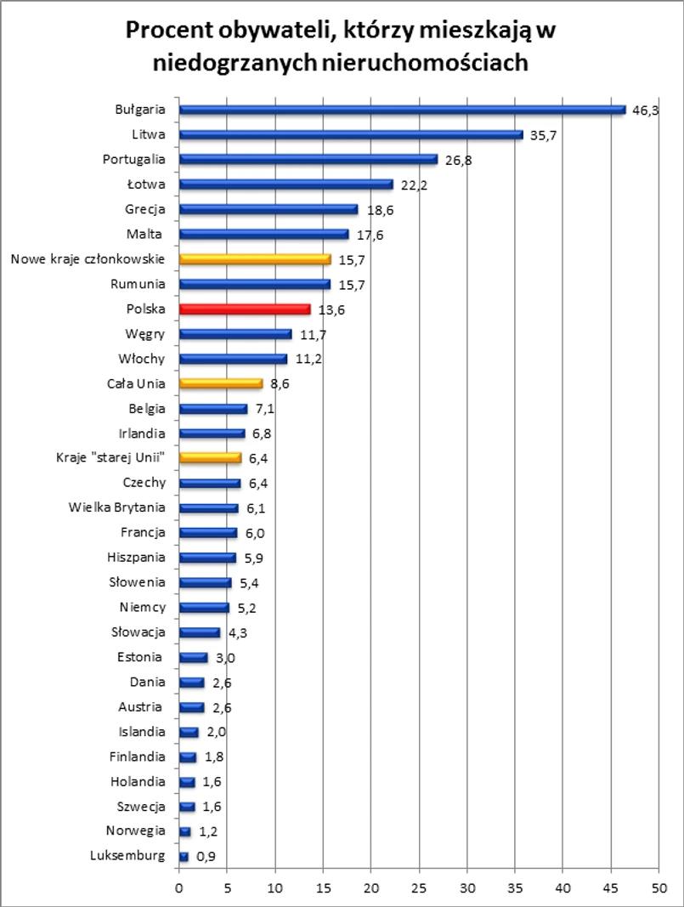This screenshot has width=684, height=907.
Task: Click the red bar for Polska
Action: (245, 309)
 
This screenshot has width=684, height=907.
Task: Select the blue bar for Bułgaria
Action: (402, 110)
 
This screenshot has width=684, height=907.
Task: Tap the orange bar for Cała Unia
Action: (221, 384)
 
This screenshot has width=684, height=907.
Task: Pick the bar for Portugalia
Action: (308, 159)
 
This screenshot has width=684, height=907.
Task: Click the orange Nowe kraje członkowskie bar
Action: (255, 259)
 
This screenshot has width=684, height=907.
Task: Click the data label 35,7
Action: (543, 135)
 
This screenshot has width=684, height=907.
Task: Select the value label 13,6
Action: (331, 309)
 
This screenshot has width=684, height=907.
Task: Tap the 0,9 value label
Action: (205, 857)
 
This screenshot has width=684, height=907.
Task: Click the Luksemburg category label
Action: (127, 856)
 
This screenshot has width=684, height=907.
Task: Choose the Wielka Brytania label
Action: (117, 507)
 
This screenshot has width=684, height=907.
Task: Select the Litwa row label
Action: (148, 134)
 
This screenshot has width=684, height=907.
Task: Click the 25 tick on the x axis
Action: (419, 889)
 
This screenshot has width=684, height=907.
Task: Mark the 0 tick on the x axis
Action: (179, 889)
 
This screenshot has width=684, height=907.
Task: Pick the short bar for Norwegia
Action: (185, 831)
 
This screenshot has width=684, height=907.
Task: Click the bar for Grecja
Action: (269, 209)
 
